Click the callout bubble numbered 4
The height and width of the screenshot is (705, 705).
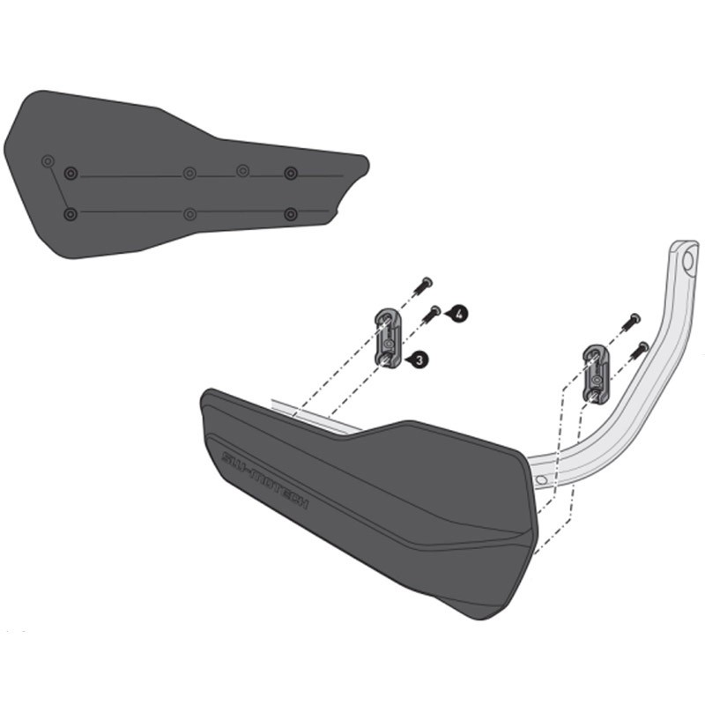[461, 313]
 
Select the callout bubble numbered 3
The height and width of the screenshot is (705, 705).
[419, 360]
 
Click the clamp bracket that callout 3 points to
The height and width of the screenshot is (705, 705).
[388, 337]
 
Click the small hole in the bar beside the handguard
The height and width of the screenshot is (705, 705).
[540, 479]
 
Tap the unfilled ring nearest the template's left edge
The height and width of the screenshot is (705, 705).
[48, 161]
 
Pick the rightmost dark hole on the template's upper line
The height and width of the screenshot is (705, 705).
[290, 173]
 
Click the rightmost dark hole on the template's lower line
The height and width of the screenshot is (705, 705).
[290, 214]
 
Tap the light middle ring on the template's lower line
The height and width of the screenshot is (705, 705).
[189, 214]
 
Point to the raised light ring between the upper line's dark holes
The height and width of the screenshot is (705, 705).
[242, 169]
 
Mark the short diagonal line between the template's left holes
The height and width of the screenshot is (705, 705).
[58, 188]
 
